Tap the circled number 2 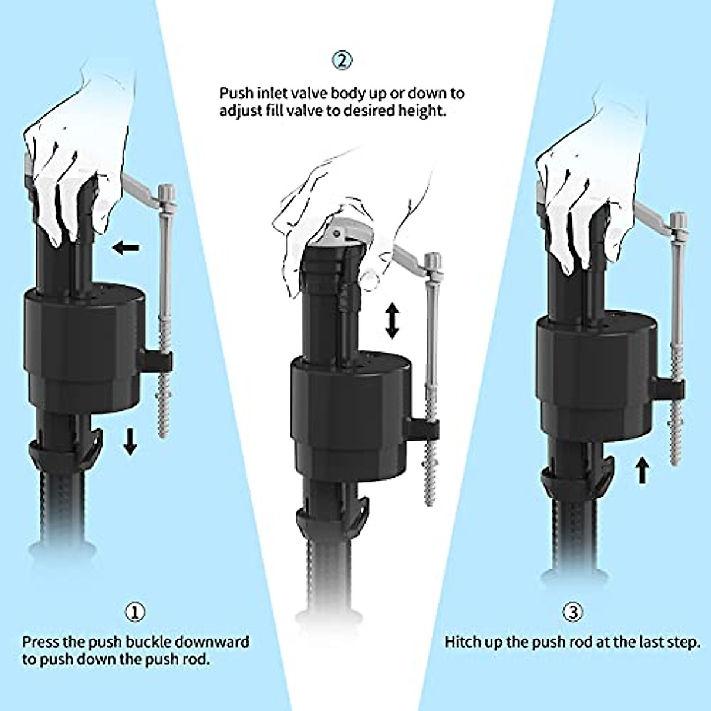click(342, 59)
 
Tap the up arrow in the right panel click(642, 472)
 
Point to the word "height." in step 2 click(425, 111)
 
